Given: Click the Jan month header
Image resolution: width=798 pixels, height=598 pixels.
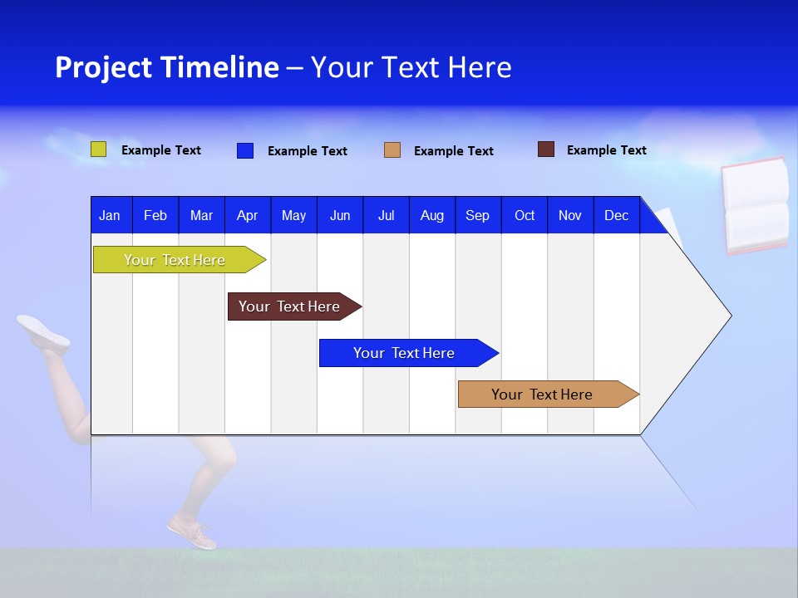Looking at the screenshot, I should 110,215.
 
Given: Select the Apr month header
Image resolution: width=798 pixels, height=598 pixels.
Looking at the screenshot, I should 247,215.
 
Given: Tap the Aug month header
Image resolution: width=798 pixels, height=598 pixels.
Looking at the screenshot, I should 431,215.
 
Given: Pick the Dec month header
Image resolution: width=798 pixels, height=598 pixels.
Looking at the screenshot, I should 616,215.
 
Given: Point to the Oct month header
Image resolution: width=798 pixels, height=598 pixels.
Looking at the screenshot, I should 524,215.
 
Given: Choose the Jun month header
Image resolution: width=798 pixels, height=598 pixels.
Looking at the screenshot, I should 339,215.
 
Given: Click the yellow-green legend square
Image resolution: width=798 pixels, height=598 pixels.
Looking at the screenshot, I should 99,149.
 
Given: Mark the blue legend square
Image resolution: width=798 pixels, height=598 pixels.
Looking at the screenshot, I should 245,150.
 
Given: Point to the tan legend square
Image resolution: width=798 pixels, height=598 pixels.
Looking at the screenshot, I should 392,150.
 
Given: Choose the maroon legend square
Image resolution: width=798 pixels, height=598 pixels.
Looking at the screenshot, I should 546,149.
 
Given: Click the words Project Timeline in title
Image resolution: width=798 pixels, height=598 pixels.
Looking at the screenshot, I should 166,67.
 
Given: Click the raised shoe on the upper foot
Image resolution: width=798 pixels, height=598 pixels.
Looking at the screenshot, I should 43,331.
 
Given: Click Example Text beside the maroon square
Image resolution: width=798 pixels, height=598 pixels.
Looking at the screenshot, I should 606,149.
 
